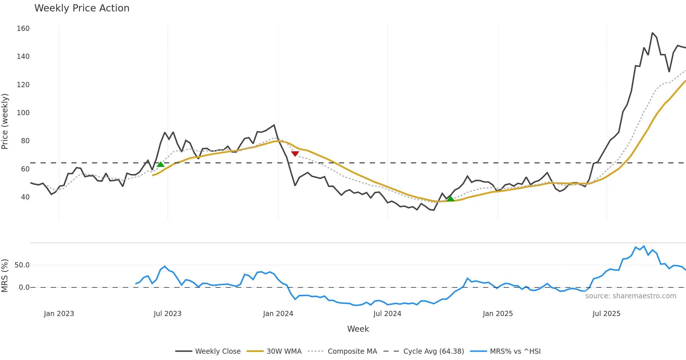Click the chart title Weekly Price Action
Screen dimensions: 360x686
point(82,8)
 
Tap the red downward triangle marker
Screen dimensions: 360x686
point(295,154)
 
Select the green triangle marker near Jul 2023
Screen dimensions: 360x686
point(161,164)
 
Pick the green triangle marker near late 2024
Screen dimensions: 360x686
point(450,199)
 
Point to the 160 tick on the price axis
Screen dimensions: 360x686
point(23,29)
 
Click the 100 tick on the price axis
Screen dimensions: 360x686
point(23,113)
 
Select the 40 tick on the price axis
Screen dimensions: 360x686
point(25,197)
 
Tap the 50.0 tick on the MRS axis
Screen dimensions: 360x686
point(22,265)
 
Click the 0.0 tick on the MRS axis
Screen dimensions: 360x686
point(24,287)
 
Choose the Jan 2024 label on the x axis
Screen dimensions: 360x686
point(278,314)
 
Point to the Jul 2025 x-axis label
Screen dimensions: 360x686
point(606,314)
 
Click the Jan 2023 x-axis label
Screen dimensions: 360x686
point(59,314)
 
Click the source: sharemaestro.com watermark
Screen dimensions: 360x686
point(631,296)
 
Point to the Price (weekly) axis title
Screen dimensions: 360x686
point(5,121)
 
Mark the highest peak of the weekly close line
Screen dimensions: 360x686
point(652,33)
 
